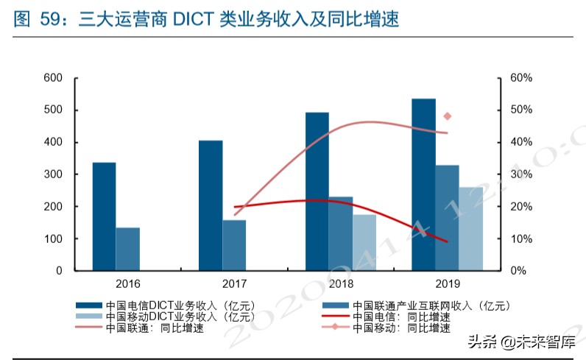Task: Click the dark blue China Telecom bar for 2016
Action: coord(104,216)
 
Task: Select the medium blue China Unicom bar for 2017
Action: coord(234,245)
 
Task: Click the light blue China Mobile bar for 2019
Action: coord(471,229)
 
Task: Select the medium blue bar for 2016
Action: coord(127,249)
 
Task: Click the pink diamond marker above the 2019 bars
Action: coord(447,116)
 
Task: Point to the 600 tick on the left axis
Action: coord(53,78)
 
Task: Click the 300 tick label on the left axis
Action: coord(53,174)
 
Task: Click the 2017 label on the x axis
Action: coord(234,283)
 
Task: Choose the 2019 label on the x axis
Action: coord(447,283)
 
